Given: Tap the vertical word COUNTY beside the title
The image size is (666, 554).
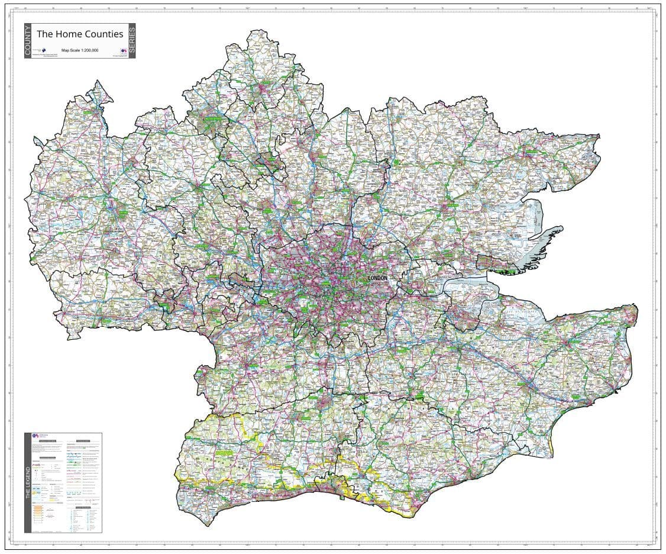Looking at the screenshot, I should tap(28, 41).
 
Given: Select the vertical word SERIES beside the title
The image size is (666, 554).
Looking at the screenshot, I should tap(132, 41).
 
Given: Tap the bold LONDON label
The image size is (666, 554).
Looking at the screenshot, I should tap(377, 278).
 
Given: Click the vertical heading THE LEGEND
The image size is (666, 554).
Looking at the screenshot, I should tap(28, 482).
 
